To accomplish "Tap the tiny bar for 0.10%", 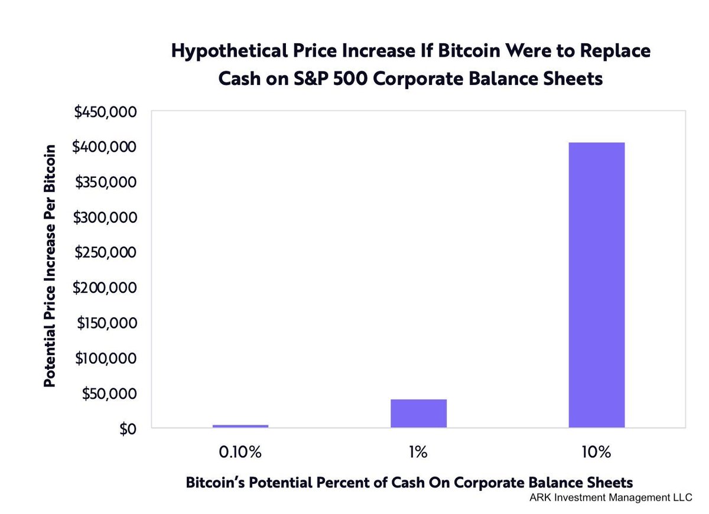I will coord(240,426).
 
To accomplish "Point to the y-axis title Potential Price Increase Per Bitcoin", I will coord(51,265).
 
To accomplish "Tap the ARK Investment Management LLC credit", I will coord(610,497).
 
